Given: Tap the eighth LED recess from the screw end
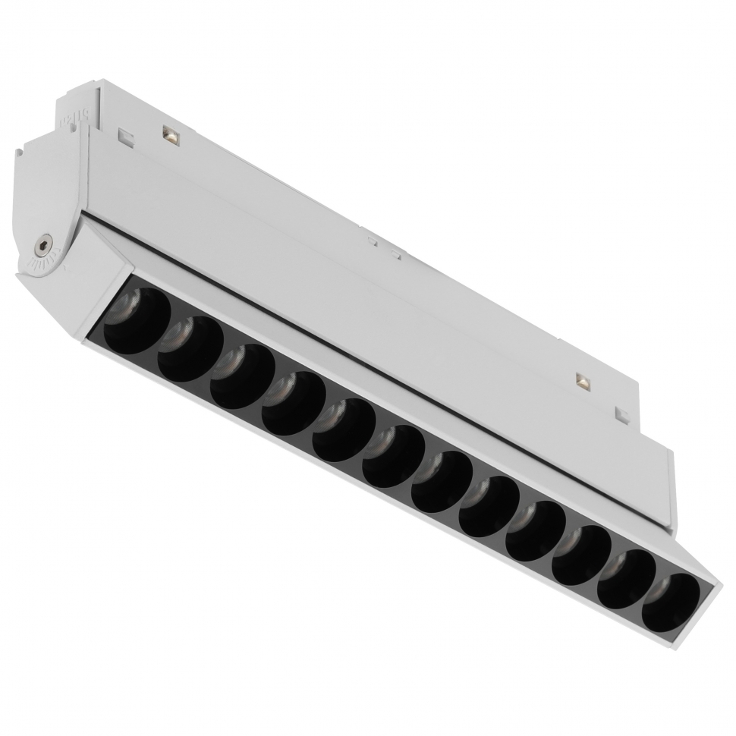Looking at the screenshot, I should click(x=489, y=506).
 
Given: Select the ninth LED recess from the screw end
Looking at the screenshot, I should click(x=536, y=530).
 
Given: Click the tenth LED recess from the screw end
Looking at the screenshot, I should click(x=581, y=555).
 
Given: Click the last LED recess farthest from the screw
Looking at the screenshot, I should click(x=671, y=602).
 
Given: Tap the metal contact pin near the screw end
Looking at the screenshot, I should click(x=170, y=137).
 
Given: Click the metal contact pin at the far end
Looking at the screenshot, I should click(x=583, y=381).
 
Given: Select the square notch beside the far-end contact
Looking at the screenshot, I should click(x=622, y=415).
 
